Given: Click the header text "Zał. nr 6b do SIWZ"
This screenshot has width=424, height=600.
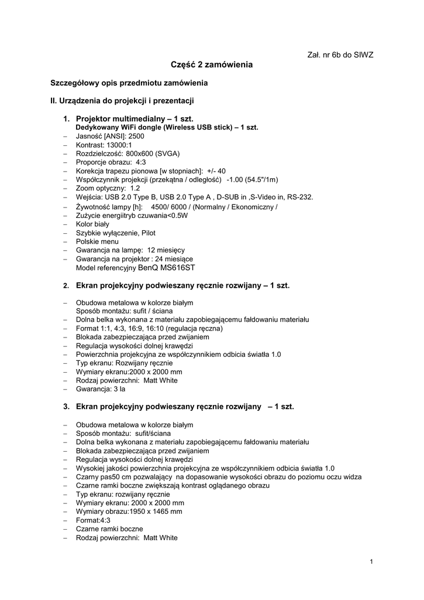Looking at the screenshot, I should click(x=340, y=54).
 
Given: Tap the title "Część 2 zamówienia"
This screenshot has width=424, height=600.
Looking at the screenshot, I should click(x=212, y=65).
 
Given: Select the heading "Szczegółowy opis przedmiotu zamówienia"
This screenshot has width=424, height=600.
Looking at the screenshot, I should click(x=129, y=83).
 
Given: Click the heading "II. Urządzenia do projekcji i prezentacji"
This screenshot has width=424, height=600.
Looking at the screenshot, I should click(x=122, y=101).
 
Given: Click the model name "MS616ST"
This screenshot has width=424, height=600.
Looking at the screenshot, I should click(x=177, y=268).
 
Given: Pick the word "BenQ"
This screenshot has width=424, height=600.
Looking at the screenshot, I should click(x=147, y=268).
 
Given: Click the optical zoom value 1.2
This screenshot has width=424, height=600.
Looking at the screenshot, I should click(x=135, y=189).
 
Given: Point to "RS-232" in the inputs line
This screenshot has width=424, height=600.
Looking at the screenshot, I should click(x=301, y=197).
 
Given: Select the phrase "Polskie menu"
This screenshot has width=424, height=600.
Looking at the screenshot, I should click(x=97, y=241).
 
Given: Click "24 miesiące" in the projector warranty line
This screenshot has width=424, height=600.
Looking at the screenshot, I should click(x=174, y=259).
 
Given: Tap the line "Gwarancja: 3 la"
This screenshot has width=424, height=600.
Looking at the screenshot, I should click(x=101, y=388).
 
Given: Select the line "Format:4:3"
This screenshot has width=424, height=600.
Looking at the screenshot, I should click(x=93, y=520).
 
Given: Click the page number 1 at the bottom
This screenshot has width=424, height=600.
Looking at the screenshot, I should click(x=371, y=562).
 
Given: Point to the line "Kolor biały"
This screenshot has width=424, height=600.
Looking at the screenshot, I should click(x=92, y=224).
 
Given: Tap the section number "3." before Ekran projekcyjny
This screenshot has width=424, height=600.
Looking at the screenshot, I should click(x=67, y=406).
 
